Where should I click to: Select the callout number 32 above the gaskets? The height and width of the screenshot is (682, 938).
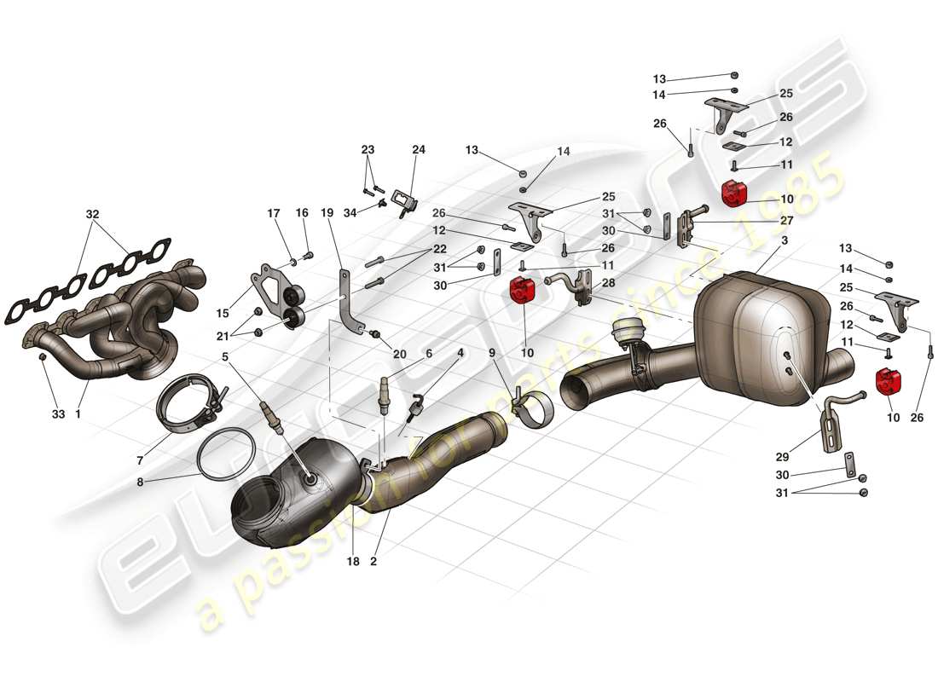[92, 215]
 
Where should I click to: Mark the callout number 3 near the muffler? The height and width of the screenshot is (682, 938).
[784, 242]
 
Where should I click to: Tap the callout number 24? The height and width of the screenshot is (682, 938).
[419, 149]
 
